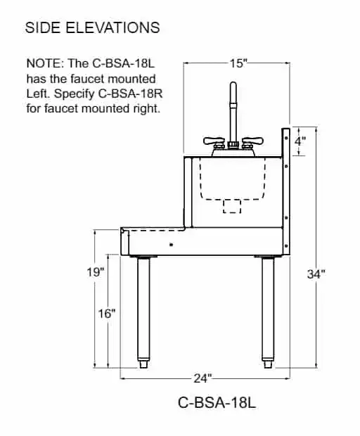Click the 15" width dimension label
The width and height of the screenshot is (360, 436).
[x=238, y=63]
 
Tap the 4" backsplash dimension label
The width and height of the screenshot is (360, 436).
[x=300, y=141]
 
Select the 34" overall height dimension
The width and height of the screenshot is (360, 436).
[x=316, y=274]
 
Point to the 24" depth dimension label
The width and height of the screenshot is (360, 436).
[x=202, y=378]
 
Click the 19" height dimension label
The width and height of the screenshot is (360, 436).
[x=96, y=271]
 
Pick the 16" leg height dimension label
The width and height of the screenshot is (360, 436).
[x=106, y=314]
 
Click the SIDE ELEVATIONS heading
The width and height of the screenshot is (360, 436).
[x=92, y=27]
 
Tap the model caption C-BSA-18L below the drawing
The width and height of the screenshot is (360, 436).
[x=217, y=402]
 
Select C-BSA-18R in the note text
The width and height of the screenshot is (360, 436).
[x=130, y=94]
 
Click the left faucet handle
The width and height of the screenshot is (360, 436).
[x=214, y=142]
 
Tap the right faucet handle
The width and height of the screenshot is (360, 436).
[x=252, y=142]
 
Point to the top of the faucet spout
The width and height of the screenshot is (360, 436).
[x=233, y=84]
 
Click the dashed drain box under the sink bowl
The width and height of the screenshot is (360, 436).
[x=232, y=206]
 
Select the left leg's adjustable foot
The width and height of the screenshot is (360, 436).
[x=143, y=362]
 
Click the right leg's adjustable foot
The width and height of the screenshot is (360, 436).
[x=268, y=362]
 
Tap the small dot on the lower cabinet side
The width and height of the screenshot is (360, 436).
[x=172, y=245]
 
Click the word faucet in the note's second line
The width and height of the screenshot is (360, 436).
[x=88, y=79]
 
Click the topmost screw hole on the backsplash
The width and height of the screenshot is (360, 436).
[x=286, y=138]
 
